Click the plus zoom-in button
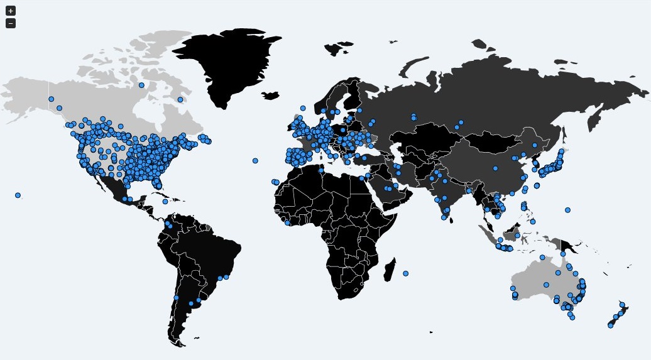pos(11,11)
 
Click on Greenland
pos(232,63)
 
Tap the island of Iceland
pos(270,96)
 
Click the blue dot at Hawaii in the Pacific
pos(18,195)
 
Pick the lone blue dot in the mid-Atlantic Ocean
pos(255,161)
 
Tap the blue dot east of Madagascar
pos(406,273)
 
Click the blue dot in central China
pos(495,168)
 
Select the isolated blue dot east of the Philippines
pos(567,210)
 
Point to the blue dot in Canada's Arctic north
pos(141,85)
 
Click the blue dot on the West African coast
pos(287,222)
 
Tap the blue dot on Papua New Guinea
pos(563,254)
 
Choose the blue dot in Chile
pos(176,298)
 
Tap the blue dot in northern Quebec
pos(180,99)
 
